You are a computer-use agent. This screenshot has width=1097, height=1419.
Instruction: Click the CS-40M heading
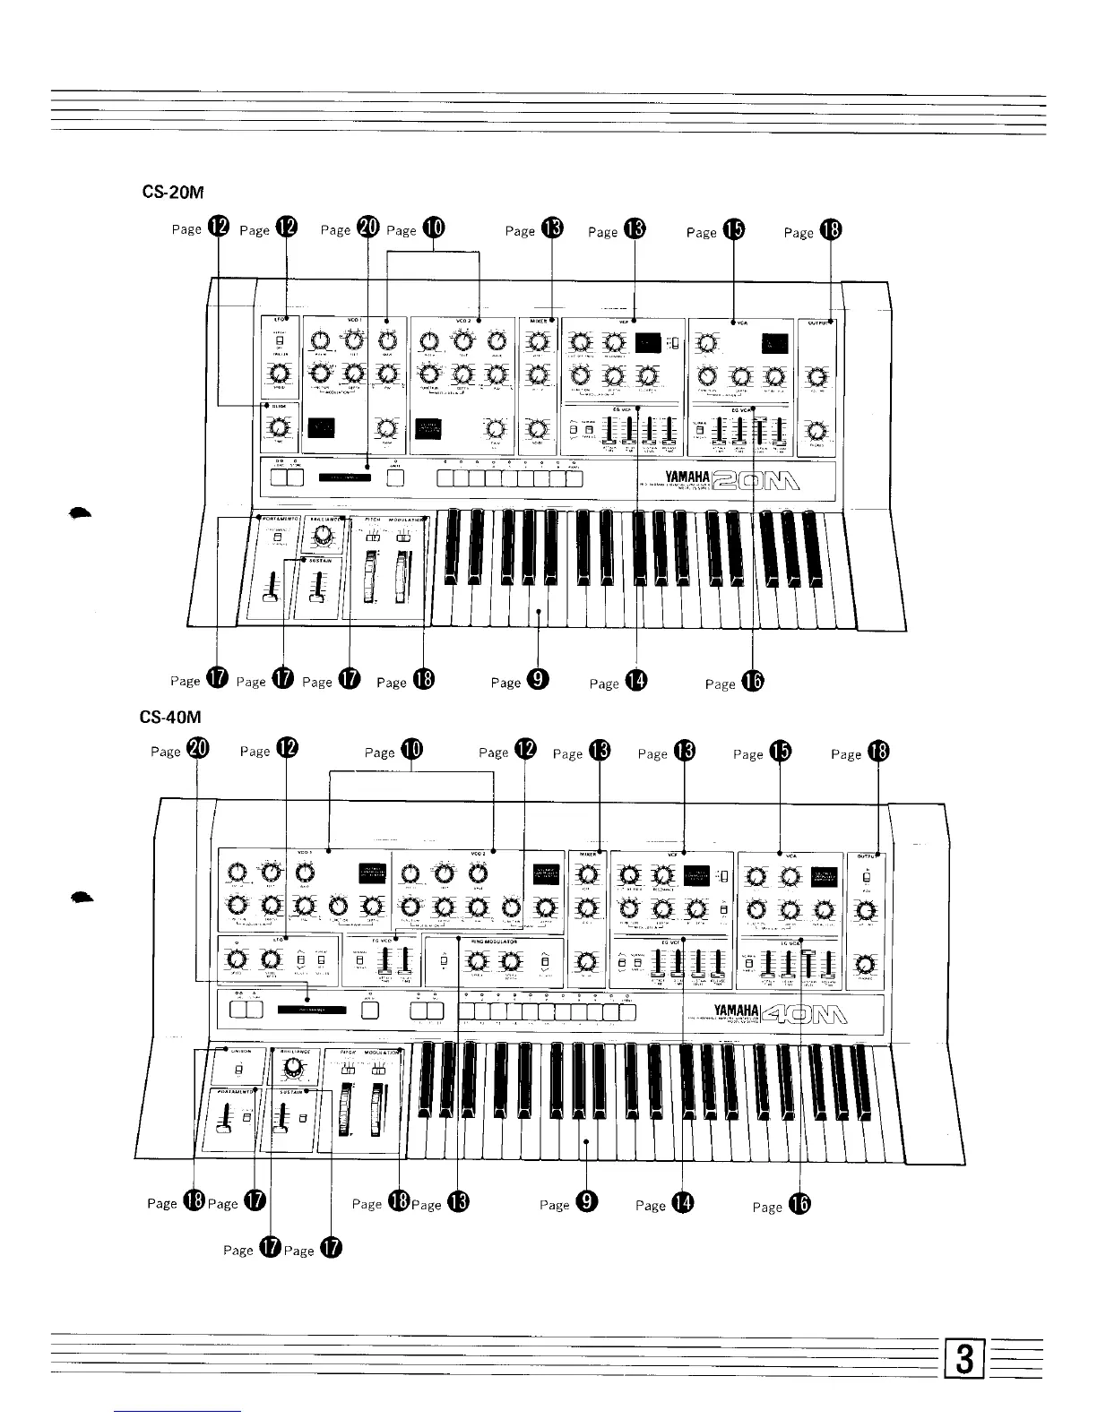168,718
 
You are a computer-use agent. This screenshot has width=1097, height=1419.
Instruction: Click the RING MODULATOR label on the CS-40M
495,943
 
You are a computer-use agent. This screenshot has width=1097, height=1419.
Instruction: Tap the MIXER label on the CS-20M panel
538,320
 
